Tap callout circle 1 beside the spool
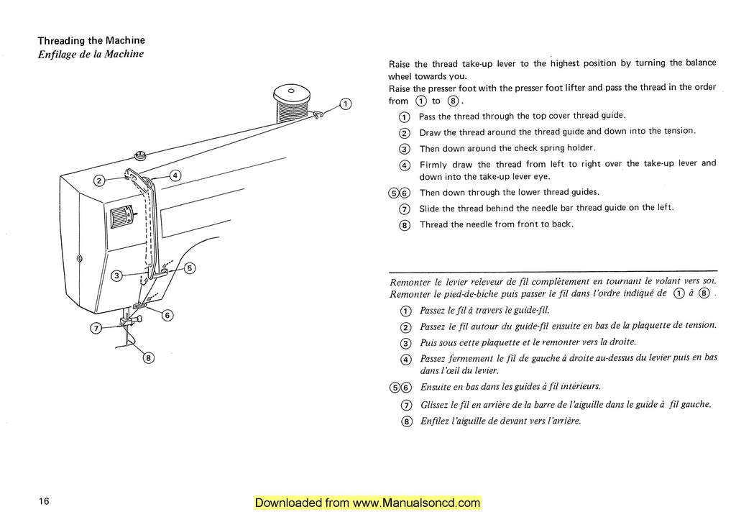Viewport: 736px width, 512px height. point(346,104)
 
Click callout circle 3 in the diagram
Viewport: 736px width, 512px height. point(117,275)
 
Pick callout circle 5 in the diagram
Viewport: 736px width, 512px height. point(190,269)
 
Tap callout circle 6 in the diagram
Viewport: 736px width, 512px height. point(167,315)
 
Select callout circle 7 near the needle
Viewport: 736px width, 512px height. point(95,329)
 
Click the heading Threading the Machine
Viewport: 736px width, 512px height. point(91,40)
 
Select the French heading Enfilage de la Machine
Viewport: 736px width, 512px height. point(91,54)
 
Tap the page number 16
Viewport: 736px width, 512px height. point(45,501)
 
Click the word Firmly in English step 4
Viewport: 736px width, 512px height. point(434,164)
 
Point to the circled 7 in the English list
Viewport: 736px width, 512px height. point(403,209)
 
